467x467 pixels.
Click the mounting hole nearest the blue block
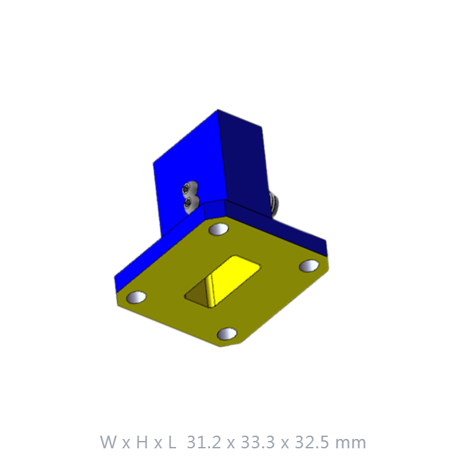[x=219, y=229]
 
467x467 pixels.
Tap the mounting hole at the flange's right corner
[x=309, y=266]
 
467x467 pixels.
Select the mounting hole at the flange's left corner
[x=136, y=298]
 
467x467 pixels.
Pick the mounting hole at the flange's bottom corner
[x=227, y=334]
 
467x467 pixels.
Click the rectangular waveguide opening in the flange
[x=222, y=282]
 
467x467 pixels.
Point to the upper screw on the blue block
[x=187, y=189]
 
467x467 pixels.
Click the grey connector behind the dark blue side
[x=274, y=204]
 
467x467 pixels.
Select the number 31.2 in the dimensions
[x=204, y=442]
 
